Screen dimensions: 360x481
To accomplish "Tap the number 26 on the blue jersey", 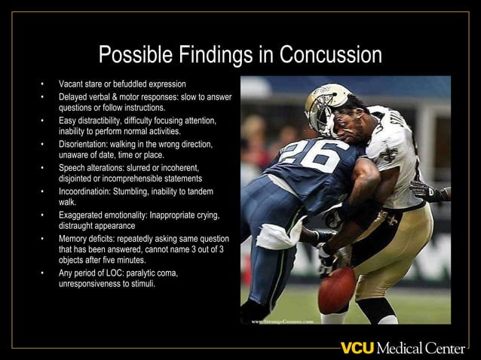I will pyautogui.click(x=309, y=156).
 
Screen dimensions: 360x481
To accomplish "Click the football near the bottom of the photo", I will pyautogui.click(x=336, y=291).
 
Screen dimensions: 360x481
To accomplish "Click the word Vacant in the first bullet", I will pyautogui.click(x=71, y=83).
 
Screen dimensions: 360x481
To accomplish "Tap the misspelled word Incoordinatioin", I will pyautogui.click(x=84, y=192).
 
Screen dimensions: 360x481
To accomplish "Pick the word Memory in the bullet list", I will pyautogui.click(x=72, y=239).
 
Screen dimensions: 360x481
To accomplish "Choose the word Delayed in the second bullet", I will pyautogui.click(x=72, y=96).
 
